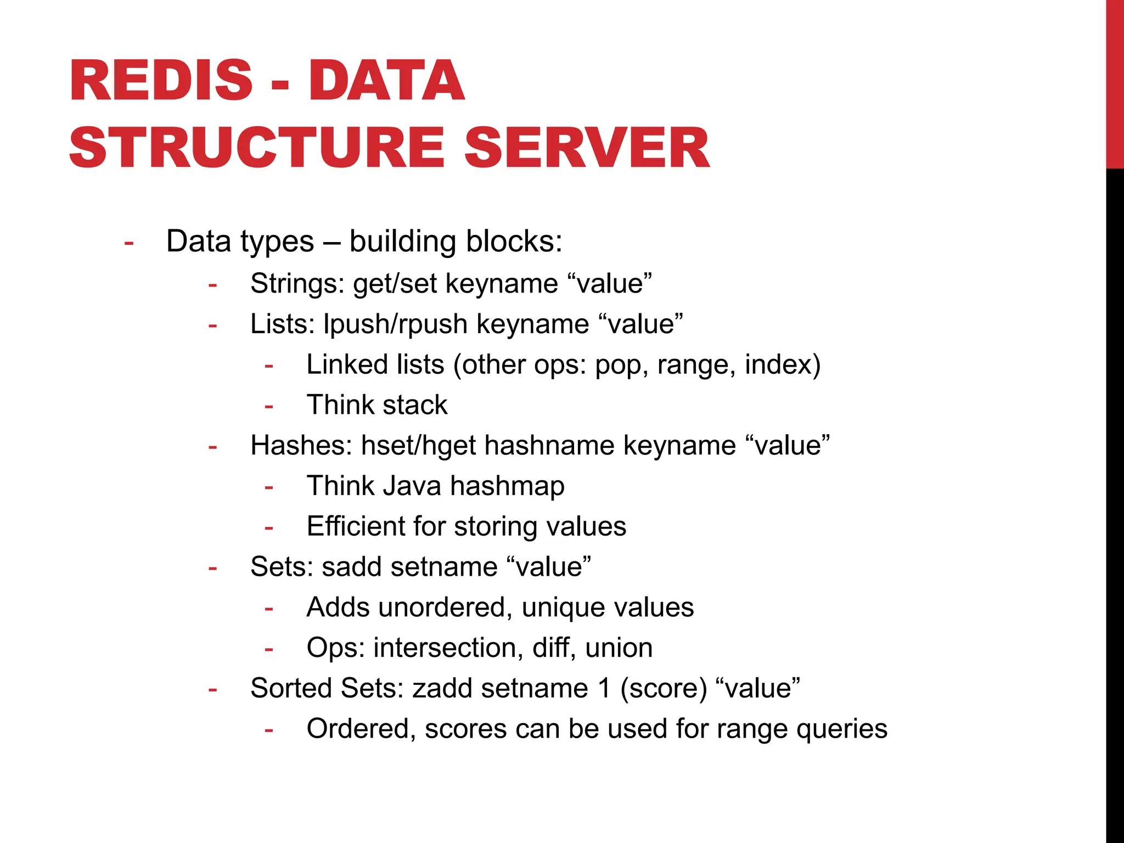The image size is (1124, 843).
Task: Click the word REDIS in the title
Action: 161,81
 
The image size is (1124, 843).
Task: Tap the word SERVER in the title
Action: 587,148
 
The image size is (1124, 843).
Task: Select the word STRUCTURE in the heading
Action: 257,148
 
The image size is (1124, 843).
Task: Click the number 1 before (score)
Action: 604,688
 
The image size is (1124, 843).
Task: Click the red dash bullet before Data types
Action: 129,243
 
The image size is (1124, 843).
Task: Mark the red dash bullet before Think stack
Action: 269,407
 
